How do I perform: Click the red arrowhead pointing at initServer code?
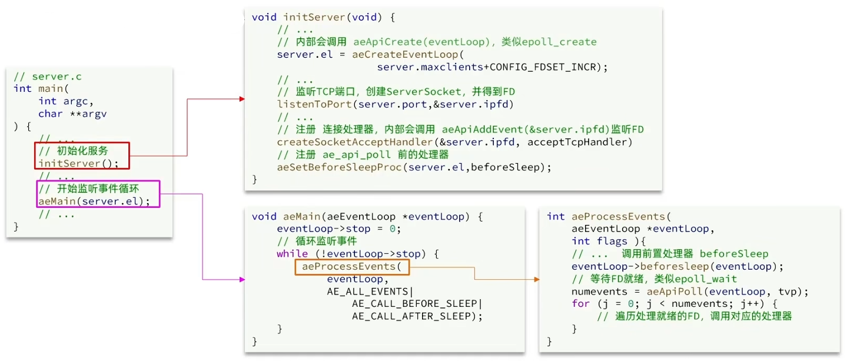(x=242, y=99)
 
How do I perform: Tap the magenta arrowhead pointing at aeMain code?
(x=243, y=280)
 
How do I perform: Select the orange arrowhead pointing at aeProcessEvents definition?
(x=537, y=280)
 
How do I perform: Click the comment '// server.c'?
(x=48, y=77)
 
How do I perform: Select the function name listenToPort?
(x=314, y=104)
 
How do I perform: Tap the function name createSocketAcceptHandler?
(x=355, y=142)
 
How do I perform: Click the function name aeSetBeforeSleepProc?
(x=339, y=167)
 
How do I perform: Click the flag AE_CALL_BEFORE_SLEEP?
(x=415, y=304)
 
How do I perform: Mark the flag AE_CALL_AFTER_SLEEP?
(x=411, y=316)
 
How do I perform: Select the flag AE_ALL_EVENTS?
(x=367, y=292)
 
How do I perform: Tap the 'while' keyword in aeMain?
(x=293, y=254)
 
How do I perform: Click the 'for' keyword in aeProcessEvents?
(x=580, y=304)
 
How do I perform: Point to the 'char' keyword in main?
(x=50, y=114)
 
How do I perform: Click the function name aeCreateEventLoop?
(x=405, y=55)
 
